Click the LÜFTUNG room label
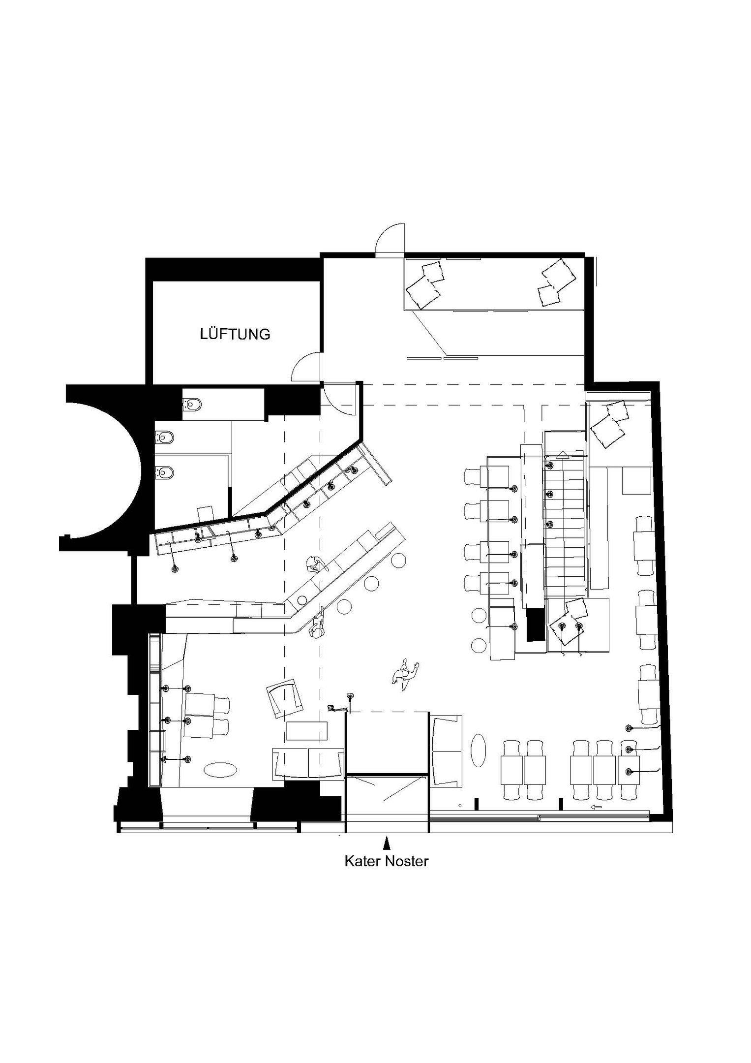click(235, 334)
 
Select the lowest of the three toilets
click(165, 473)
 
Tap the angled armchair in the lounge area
click(285, 699)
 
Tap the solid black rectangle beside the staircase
click(534, 625)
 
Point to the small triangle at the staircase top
click(562, 455)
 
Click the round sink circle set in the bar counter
click(301, 599)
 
